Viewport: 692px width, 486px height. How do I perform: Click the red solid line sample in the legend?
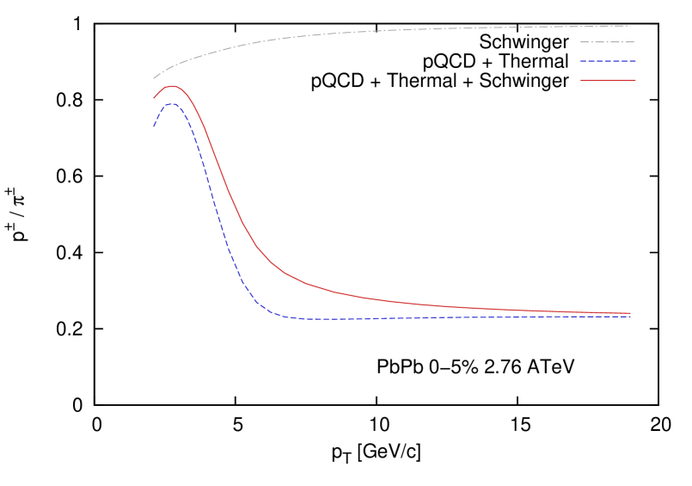(x=607, y=80)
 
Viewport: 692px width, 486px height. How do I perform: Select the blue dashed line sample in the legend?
(x=607, y=61)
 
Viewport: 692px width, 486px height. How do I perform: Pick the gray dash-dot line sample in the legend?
(x=607, y=42)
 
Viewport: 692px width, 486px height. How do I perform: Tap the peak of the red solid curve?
(x=172, y=86)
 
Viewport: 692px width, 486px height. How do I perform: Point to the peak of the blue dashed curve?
(x=173, y=103)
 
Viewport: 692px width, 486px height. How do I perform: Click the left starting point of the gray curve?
(x=154, y=78)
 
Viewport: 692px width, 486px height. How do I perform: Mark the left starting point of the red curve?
(x=154, y=98)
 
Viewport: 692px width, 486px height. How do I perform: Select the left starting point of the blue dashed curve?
(x=154, y=126)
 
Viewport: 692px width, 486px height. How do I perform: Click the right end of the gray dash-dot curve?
(x=631, y=26)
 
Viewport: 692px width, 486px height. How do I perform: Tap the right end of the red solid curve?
(x=631, y=313)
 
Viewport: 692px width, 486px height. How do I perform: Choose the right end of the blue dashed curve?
(x=631, y=317)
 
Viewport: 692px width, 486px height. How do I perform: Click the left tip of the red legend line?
(x=579, y=80)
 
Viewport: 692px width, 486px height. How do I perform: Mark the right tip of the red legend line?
(x=635, y=80)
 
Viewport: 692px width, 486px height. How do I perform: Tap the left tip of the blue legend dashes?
(x=579, y=61)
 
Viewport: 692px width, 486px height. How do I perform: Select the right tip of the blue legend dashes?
(x=635, y=61)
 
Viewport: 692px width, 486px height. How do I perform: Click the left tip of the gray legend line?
(x=579, y=42)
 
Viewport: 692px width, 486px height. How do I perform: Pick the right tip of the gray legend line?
(x=634, y=42)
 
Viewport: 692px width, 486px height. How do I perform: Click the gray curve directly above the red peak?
(x=172, y=66)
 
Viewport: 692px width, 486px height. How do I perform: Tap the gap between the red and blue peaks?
(x=172, y=95)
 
